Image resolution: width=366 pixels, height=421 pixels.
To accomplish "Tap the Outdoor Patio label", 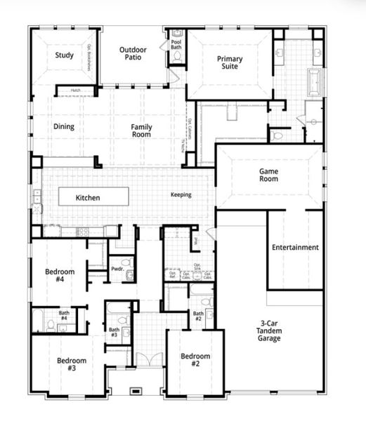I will tap(133, 53).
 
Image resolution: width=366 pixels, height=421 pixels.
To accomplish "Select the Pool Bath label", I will tap(176, 45).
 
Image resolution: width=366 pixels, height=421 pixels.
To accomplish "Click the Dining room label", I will tap(64, 127).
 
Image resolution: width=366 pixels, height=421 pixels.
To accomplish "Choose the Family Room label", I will tap(141, 131).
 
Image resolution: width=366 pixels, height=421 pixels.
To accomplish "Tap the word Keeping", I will tap(181, 194).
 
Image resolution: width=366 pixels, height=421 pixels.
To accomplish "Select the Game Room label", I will tap(269, 175).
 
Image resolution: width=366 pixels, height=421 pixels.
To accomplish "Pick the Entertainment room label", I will tap(295, 247).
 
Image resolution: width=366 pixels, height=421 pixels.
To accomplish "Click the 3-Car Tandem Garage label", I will tap(268, 331).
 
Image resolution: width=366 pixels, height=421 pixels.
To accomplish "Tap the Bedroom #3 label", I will tap(72, 364).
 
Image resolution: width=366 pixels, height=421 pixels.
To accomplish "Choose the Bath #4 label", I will tap(63, 316).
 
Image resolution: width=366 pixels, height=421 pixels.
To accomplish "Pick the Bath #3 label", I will tap(114, 333).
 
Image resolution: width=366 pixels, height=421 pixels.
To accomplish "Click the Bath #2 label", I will tap(199, 316).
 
